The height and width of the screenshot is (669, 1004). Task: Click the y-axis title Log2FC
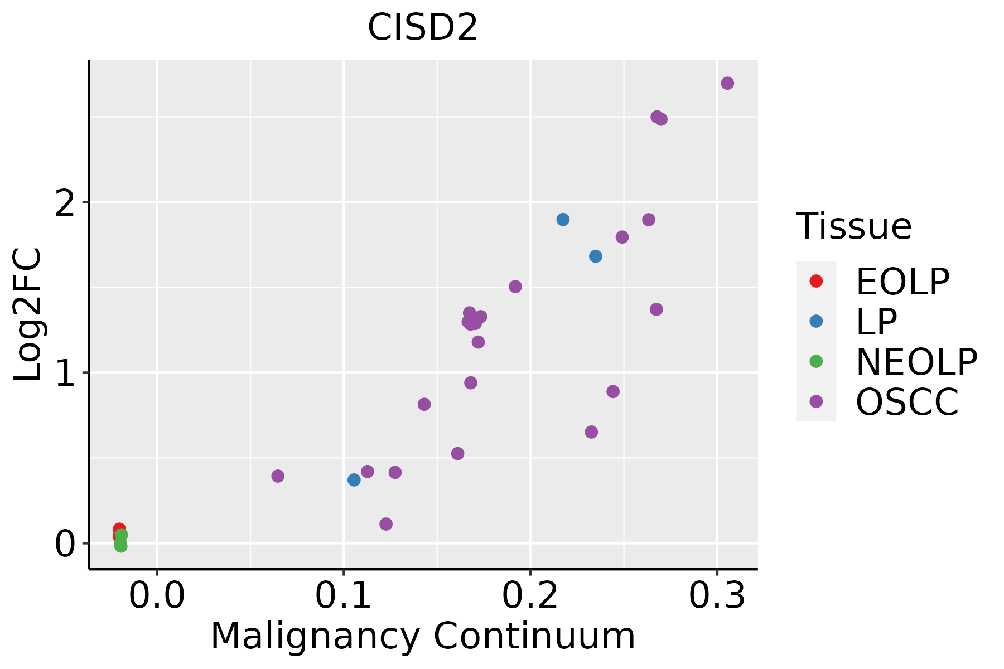point(28,314)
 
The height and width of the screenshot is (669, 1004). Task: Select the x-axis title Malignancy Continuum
point(423,636)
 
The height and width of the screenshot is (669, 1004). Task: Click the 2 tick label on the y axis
point(65,203)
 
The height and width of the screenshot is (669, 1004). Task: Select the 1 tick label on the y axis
point(65,374)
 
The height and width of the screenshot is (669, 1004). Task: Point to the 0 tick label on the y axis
point(65,544)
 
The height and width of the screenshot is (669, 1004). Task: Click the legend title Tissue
point(853,226)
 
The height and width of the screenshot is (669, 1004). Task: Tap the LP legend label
point(876,322)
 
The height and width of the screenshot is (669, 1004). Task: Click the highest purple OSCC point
point(727,83)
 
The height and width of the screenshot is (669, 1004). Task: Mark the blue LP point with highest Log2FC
point(563,219)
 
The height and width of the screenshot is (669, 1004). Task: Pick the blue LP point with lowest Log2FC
point(354,479)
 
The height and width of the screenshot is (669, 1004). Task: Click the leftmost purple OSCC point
point(278,476)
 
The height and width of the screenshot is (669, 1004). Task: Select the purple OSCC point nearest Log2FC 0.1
point(386,524)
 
